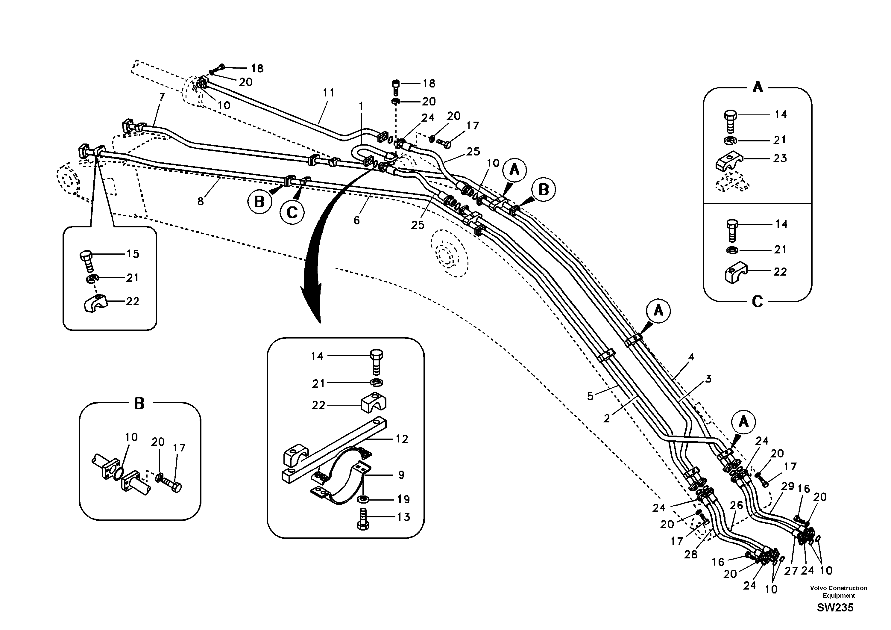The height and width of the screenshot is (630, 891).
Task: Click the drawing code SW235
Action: pos(835,608)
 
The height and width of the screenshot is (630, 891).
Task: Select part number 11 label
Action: pos(328,93)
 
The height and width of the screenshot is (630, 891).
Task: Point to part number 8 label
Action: pos(200,201)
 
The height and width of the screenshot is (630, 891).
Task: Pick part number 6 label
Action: pos(356,220)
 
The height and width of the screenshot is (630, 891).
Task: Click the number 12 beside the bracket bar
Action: pos(402,439)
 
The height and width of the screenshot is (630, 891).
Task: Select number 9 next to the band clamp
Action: pos(401,475)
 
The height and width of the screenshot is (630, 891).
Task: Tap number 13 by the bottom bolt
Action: pos(403,517)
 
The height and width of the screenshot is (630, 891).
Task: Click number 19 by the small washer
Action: pos(403,499)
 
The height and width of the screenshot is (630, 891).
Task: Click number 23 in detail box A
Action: pos(780,158)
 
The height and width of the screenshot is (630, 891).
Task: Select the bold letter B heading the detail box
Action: pos(139,404)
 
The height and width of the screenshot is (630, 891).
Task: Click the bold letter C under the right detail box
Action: pos(758,302)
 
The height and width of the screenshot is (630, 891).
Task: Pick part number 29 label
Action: pos(787,486)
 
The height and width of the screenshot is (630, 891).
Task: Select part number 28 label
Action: pos(691,555)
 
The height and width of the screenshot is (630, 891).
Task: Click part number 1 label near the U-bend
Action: pos(361,106)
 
